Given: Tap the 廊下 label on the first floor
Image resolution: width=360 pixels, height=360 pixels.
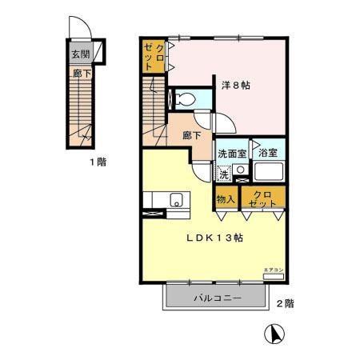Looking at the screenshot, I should click(x=80, y=72).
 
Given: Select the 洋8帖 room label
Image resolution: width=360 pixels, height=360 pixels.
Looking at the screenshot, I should click(x=235, y=86).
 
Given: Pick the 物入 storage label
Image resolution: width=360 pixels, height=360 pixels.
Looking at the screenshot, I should click(x=225, y=199).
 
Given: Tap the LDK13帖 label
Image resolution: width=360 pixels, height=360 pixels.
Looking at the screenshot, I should click(x=215, y=238).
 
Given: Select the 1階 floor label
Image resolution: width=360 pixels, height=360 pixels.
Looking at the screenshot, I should click(x=98, y=161).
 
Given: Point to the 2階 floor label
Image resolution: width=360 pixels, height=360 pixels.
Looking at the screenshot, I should click(x=285, y=304).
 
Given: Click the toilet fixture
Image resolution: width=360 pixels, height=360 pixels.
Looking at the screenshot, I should click(x=184, y=100).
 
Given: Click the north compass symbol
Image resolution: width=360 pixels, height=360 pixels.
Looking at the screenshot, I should click(x=272, y=332).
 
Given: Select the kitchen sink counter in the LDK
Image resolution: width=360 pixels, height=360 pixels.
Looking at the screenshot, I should click(x=164, y=199).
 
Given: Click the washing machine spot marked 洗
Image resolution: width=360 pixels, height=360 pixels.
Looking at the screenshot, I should click(x=224, y=173).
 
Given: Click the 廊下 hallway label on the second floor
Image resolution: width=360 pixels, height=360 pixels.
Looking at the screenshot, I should click(x=191, y=136).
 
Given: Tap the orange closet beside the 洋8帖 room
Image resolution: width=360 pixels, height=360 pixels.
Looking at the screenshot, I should click(x=154, y=58).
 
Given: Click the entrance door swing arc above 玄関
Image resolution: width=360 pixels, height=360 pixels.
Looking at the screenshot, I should click(x=78, y=28).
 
